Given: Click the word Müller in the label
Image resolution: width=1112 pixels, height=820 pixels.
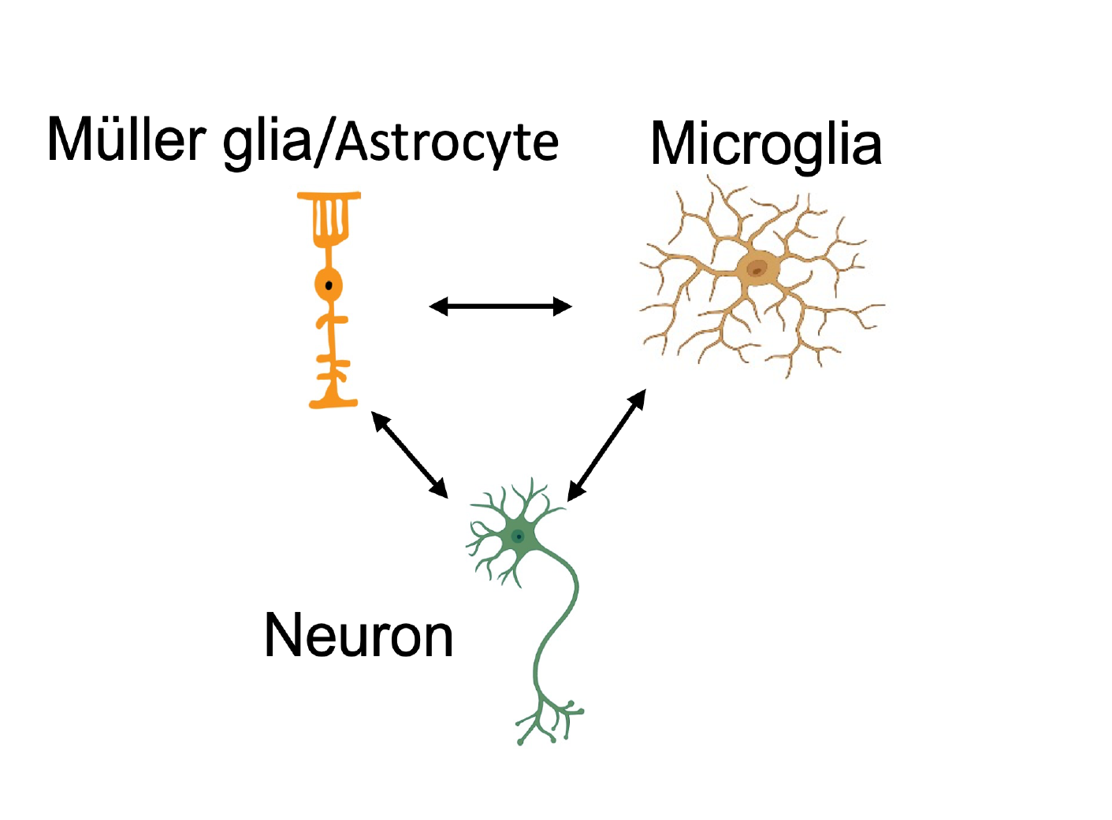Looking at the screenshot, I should tap(126, 140).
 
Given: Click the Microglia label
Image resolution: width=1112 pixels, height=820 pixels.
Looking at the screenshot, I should tap(765, 144).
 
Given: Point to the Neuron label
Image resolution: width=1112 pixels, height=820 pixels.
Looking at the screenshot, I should tap(359, 636).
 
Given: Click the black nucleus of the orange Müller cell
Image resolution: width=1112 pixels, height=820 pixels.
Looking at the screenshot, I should tap(329, 285).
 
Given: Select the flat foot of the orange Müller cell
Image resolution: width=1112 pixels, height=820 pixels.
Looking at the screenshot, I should tap(333, 403).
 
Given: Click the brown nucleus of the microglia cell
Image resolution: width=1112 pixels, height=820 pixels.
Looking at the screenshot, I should tap(757, 269).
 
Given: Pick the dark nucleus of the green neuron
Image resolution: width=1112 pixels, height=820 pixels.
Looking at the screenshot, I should tap(519, 537).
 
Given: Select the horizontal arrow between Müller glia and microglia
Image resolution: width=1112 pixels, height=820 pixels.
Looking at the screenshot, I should tap(500, 306).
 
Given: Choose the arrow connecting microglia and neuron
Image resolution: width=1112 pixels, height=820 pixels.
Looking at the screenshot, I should tap(607, 445).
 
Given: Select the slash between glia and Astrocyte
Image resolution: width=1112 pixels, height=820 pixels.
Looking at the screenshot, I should tap(325, 143).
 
